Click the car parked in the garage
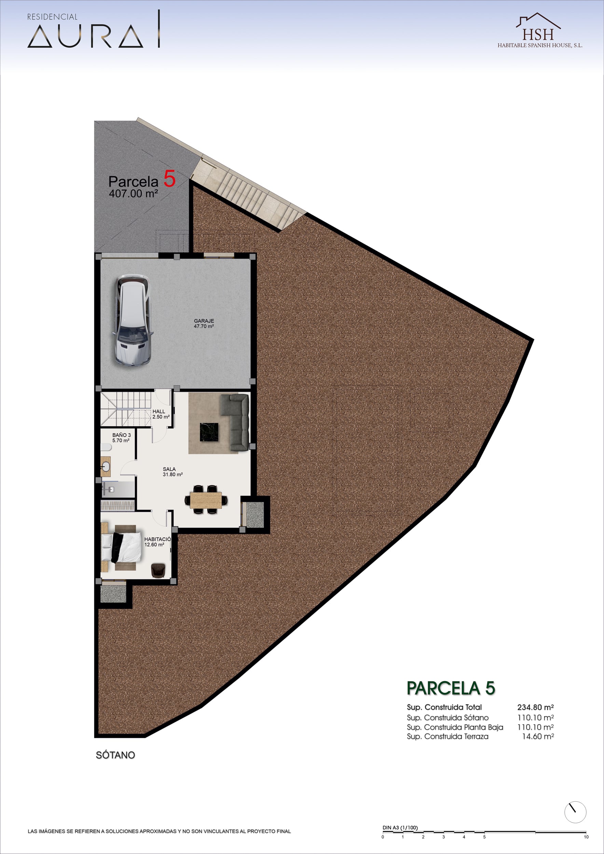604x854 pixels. point(133,321)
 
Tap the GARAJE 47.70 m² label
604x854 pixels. point(204,323)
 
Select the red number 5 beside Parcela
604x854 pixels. point(169,179)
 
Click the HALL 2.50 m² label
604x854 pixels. point(161,414)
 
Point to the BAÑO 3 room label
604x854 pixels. point(121,437)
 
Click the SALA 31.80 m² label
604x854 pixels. point(173,472)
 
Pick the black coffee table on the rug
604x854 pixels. point(209,432)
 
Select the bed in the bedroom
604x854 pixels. point(122,547)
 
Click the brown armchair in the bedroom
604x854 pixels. point(158,570)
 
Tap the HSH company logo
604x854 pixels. point(540,30)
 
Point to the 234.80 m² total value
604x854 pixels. point(535,707)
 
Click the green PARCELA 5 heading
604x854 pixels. point(451,688)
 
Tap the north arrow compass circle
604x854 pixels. point(575,812)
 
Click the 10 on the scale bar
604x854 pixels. point(586,837)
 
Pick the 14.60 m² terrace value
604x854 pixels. point(538,736)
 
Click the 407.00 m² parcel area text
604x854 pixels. point(134,193)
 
